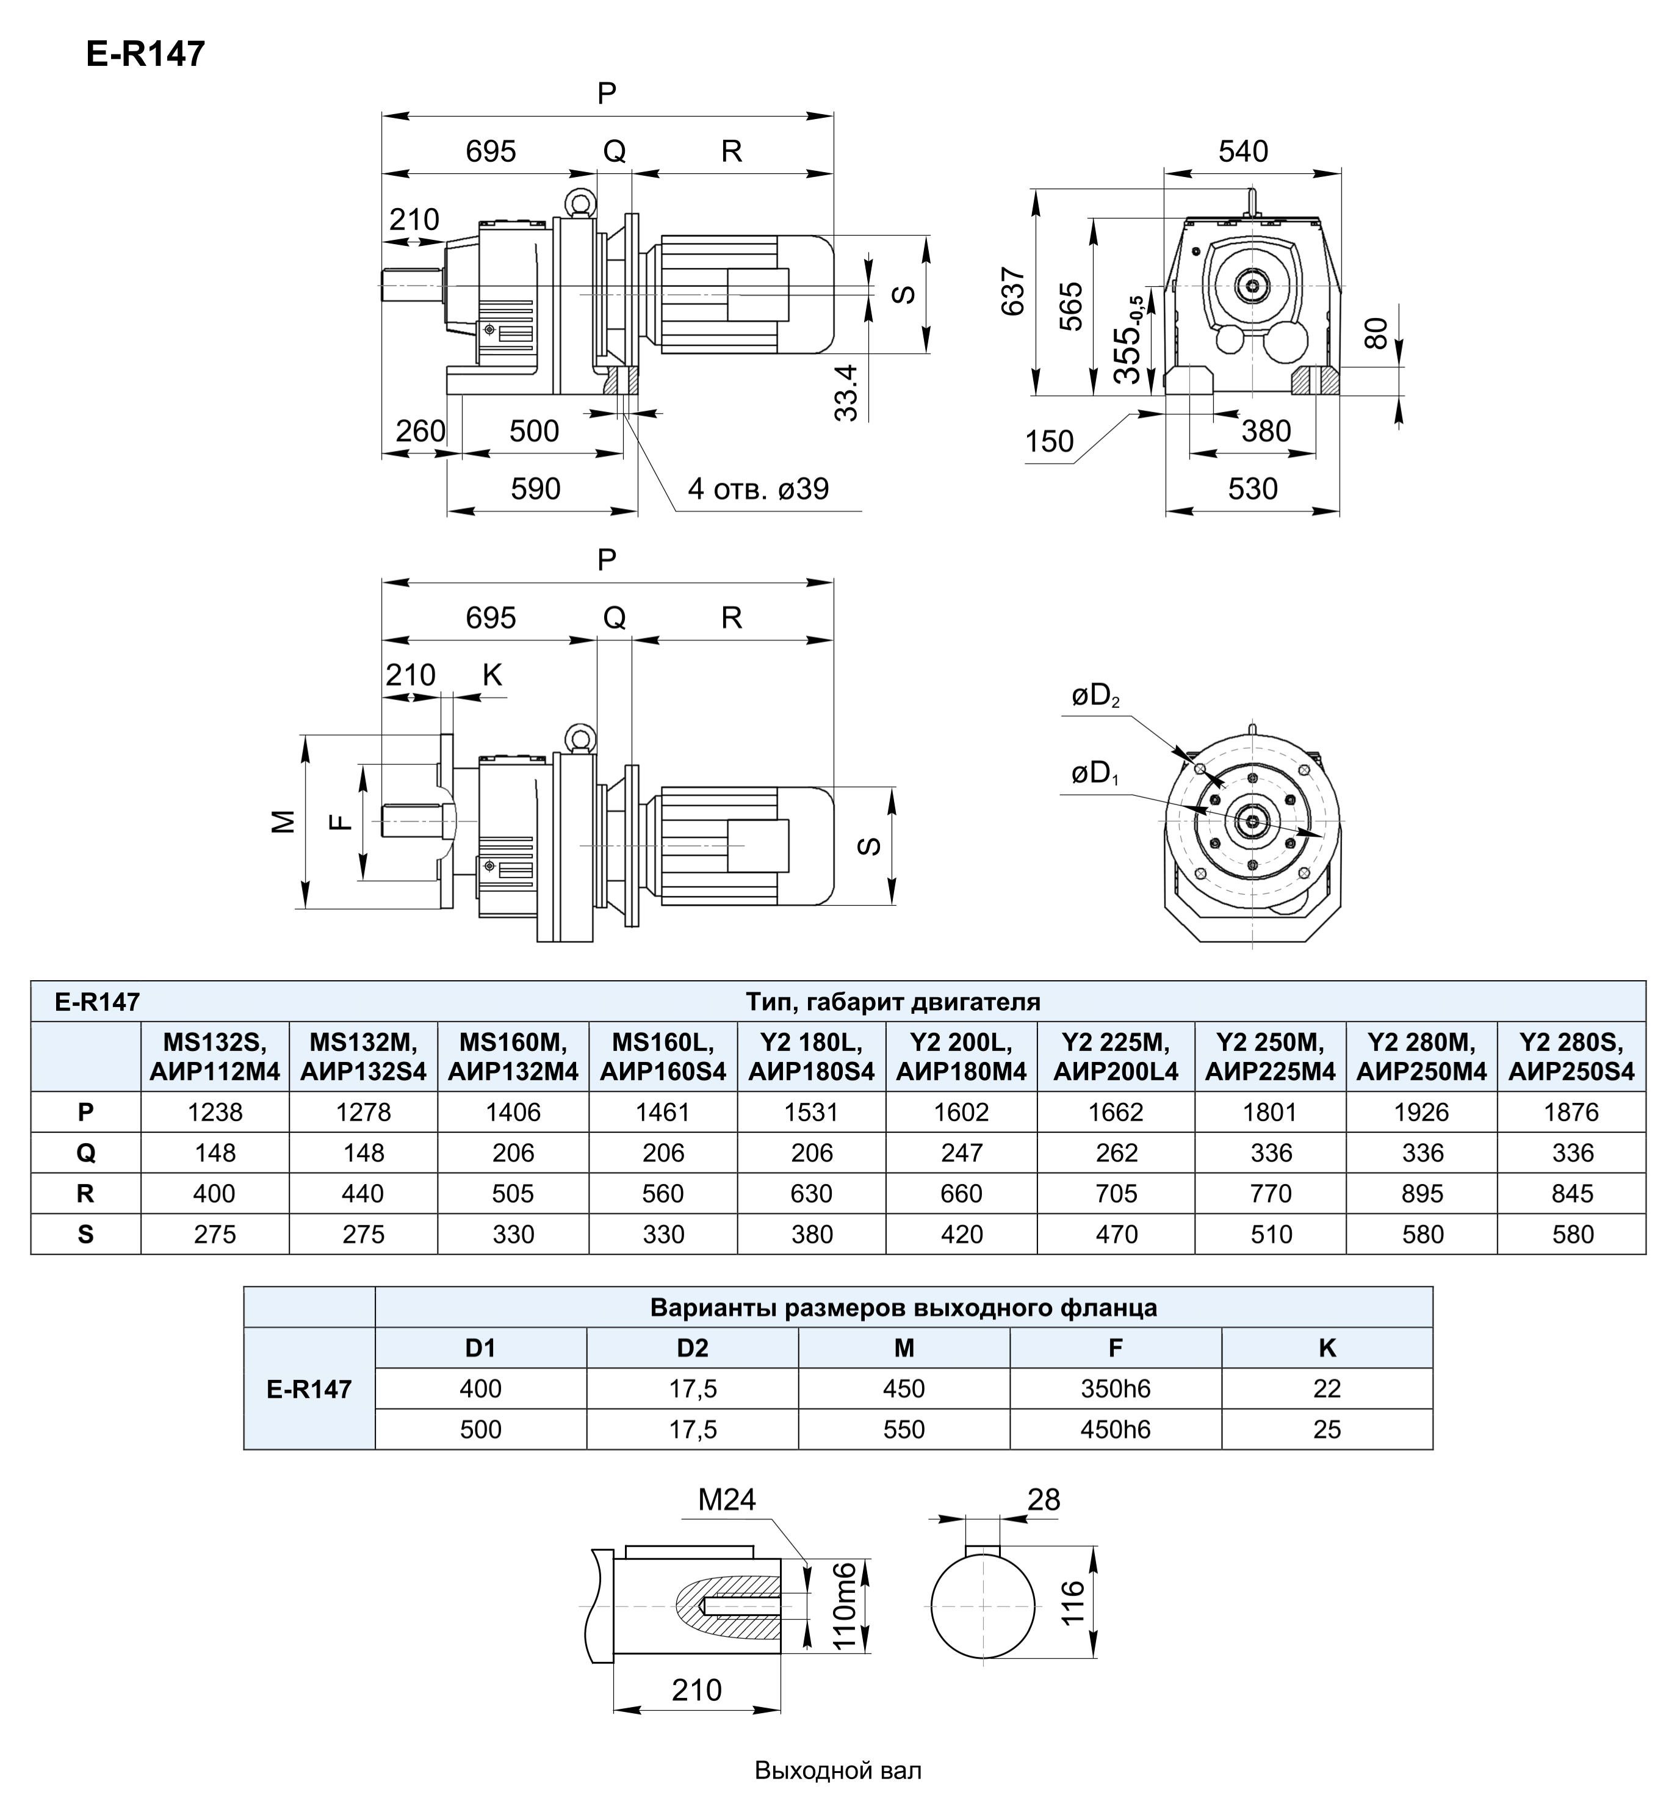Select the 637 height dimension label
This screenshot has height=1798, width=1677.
pos(1013,291)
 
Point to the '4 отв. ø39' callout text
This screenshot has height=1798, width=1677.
pos(758,489)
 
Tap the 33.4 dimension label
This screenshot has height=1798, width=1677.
pos(846,392)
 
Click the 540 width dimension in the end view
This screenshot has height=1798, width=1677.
pos(1243,151)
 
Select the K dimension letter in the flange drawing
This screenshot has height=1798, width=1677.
pos(492,674)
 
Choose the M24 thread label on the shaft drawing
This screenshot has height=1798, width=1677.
pos(726,1500)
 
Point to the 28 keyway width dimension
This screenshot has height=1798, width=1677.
pos(1043,1500)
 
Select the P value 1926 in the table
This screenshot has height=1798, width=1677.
pos(1421,1111)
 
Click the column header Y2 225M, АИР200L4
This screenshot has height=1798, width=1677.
pos(1116,1056)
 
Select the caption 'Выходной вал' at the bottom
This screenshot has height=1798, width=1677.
pos(838,1770)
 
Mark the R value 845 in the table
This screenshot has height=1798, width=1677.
pos(1571,1193)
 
